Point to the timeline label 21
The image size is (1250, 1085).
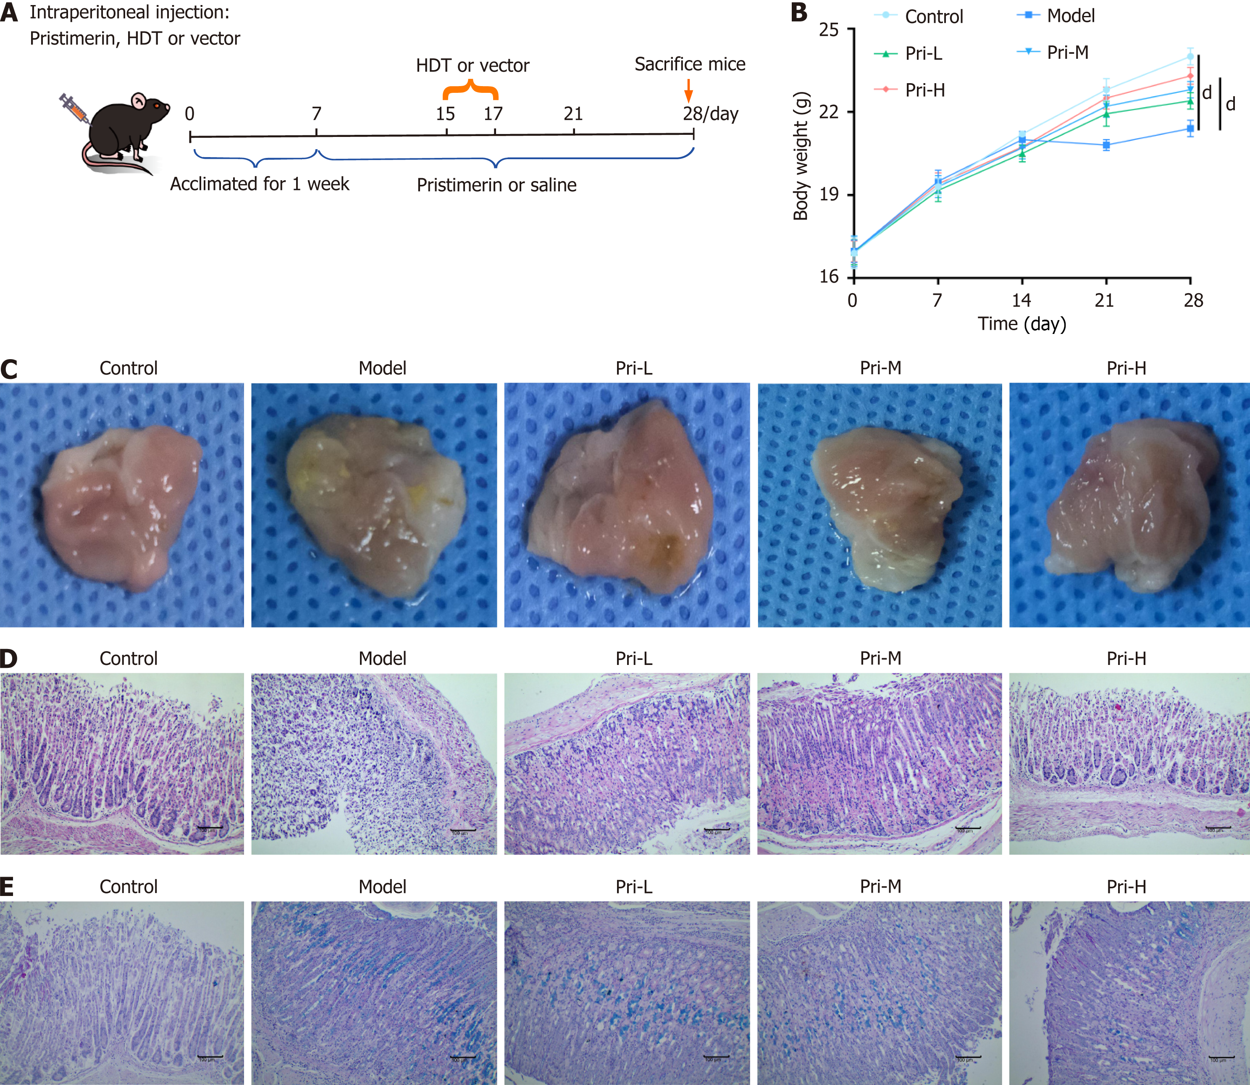[x=572, y=114]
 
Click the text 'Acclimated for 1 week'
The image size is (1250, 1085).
[x=260, y=184]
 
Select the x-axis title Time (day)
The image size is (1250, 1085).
[x=1022, y=324]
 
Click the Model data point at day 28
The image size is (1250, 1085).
[x=1190, y=129]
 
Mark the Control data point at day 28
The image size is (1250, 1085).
[x=1190, y=57]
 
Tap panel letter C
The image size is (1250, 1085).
[x=9, y=369]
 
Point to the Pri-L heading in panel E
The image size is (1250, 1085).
[x=634, y=886]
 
